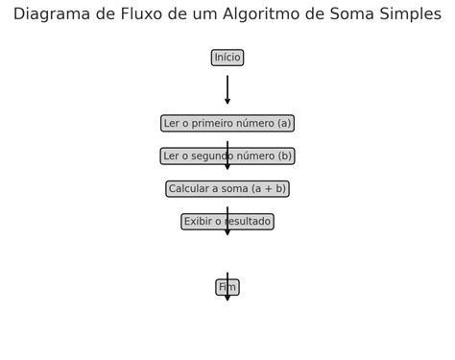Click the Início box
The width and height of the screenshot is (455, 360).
point(227,58)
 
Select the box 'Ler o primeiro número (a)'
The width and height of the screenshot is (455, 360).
point(227,123)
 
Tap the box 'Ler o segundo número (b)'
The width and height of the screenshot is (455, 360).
point(227,156)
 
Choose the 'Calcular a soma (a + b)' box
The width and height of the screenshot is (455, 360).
point(227,189)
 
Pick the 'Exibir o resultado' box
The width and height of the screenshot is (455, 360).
point(227,222)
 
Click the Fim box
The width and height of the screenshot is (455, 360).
point(227,287)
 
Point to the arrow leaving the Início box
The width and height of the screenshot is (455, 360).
point(227,88)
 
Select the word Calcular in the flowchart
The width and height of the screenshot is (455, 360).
point(190,189)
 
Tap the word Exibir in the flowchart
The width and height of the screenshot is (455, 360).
point(198,222)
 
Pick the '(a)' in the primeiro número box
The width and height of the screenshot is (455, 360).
point(283,123)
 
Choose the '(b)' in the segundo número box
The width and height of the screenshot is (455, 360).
point(283,156)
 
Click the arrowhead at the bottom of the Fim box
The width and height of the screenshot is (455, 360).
point(227,297)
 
